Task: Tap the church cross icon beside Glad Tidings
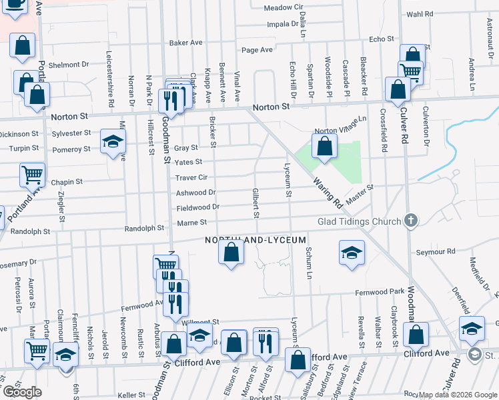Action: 412,221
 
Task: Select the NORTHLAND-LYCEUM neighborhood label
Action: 256,239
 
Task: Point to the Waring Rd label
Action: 327,191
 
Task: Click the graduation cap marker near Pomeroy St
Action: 113,141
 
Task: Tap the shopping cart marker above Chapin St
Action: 32,175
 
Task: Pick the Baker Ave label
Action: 185,43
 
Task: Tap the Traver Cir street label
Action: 192,178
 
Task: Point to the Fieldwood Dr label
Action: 197,207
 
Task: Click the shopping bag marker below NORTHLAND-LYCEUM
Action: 231,253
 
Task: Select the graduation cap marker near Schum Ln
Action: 352,253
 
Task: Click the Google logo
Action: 22,392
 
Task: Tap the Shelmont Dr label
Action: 68,65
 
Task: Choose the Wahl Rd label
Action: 420,13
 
